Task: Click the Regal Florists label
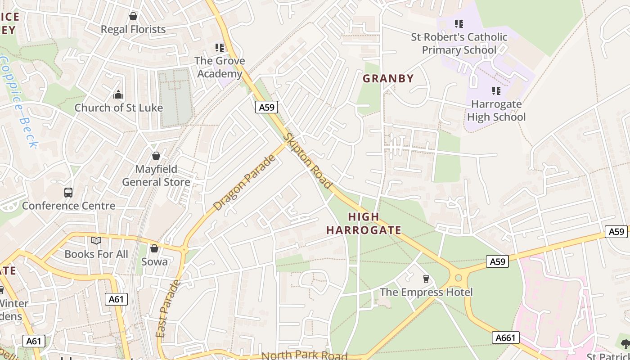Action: [133, 29]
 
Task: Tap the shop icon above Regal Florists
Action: [133, 17]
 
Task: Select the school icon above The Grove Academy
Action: [220, 47]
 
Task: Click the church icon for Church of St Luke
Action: [118, 94]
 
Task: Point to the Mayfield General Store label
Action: [156, 175]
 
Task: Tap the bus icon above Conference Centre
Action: [68, 193]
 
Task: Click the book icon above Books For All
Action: [96, 241]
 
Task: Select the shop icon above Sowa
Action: [154, 248]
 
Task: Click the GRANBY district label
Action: [388, 78]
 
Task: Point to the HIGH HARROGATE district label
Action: [364, 223]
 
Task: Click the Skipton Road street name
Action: [309, 161]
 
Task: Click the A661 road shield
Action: [506, 337]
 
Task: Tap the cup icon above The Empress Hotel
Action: [426, 279]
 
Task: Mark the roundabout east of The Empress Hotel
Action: [458, 277]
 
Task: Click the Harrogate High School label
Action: [496, 111]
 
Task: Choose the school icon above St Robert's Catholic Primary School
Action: [459, 23]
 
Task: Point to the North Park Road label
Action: [305, 355]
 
